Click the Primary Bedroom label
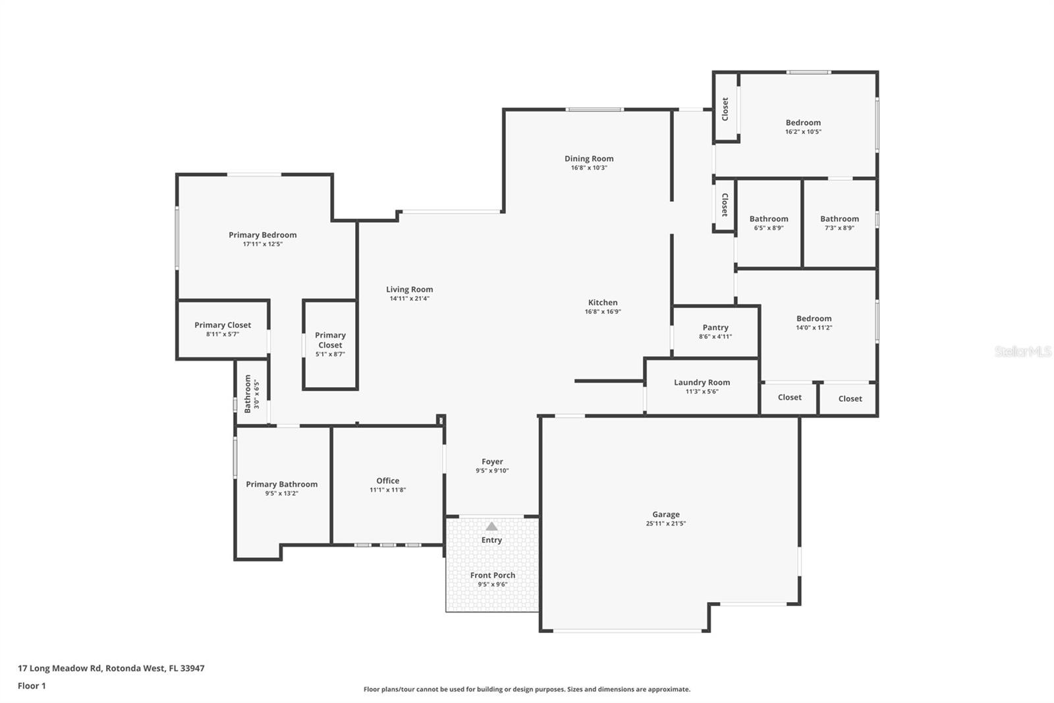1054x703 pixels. click(262, 235)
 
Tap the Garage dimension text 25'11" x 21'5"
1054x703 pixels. click(665, 524)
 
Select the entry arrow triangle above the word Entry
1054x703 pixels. click(491, 526)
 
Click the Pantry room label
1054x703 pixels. click(715, 328)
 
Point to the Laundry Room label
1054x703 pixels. click(702, 382)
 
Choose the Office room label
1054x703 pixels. click(387, 481)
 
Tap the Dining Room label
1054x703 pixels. click(589, 159)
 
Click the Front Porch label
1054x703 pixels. click(492, 575)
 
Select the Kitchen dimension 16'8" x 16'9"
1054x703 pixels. click(603, 312)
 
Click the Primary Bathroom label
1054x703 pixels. click(281, 485)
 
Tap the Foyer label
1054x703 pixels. click(492, 462)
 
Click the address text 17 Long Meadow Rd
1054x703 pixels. click(59, 668)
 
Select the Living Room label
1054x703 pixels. click(409, 290)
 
